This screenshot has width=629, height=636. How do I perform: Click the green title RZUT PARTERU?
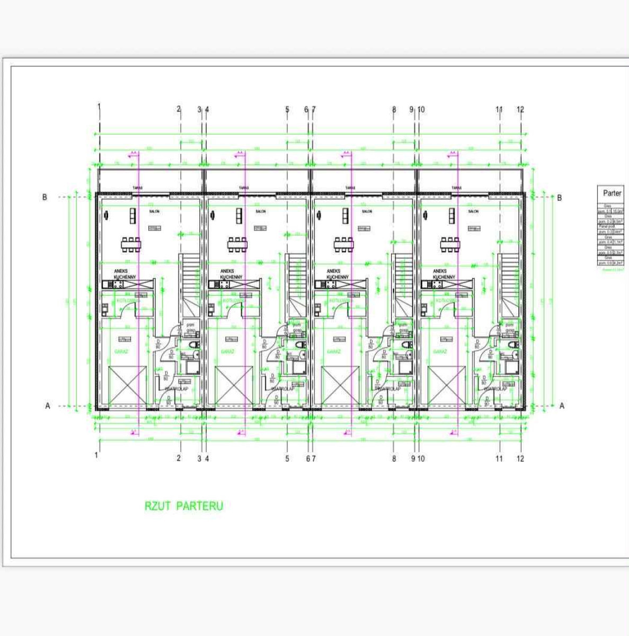click(184, 506)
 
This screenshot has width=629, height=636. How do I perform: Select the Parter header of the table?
click(612, 193)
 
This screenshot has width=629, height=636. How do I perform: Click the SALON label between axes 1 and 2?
click(154, 211)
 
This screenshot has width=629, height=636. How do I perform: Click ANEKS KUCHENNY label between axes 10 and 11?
click(444, 274)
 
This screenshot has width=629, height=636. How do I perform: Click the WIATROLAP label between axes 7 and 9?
click(388, 388)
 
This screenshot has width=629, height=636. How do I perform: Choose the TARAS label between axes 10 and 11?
click(457, 188)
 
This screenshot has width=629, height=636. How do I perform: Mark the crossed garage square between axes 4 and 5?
click(234, 385)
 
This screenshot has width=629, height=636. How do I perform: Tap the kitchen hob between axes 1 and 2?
click(118, 285)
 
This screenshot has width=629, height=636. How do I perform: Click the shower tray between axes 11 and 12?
click(511, 367)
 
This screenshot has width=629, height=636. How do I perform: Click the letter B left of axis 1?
click(45, 197)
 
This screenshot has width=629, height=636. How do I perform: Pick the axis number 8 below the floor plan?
click(394, 458)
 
